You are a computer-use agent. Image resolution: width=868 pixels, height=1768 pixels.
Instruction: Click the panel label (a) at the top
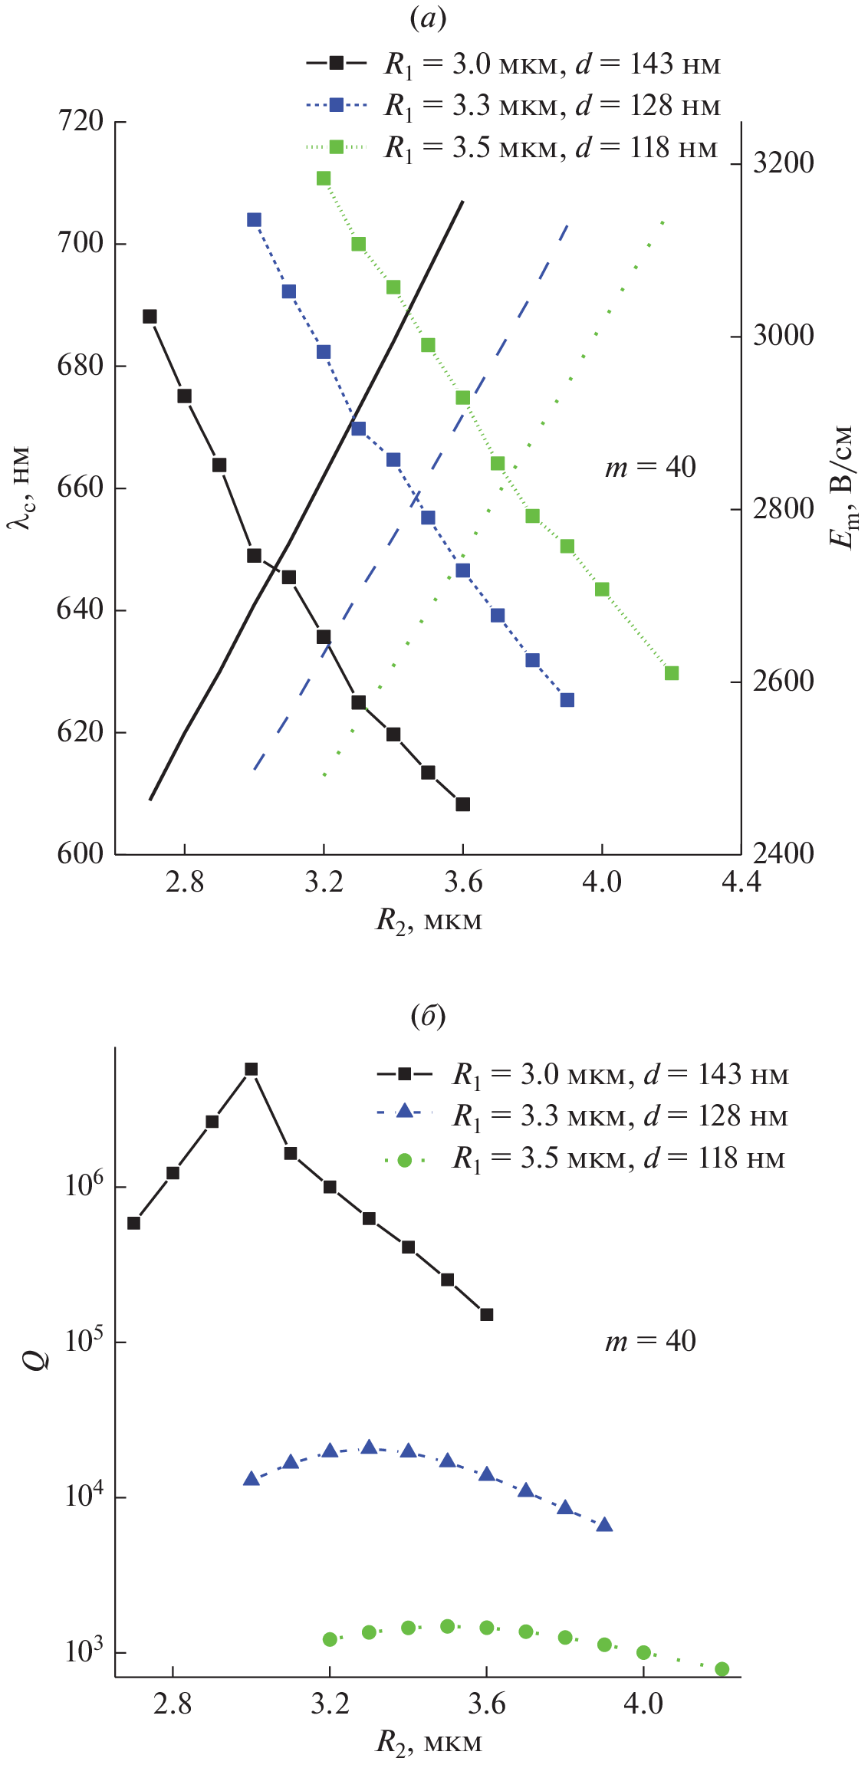click(428, 18)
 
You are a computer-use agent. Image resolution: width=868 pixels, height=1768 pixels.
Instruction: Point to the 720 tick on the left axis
click(81, 121)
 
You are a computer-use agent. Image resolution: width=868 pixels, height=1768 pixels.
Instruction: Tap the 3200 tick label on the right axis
click(783, 163)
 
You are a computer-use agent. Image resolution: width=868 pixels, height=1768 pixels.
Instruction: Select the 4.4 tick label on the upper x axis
click(741, 882)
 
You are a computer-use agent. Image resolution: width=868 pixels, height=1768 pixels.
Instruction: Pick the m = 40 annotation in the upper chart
click(650, 467)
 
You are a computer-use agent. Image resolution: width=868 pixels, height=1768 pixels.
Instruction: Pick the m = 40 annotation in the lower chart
click(650, 1341)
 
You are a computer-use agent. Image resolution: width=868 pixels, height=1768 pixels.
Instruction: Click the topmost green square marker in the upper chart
click(324, 179)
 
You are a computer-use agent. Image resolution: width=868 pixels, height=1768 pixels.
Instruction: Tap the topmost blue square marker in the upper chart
click(254, 220)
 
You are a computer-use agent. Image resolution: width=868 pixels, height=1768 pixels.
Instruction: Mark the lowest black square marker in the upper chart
click(462, 804)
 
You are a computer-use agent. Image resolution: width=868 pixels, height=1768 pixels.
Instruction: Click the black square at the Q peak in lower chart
click(251, 1070)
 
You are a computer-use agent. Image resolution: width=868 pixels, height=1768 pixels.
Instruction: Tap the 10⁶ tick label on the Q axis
click(84, 1186)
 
